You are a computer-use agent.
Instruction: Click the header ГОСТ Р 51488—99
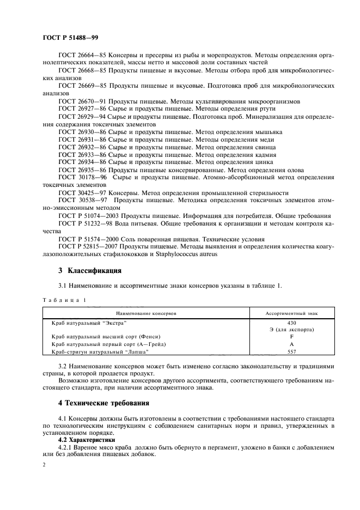[x=70, y=38]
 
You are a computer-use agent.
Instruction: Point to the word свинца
[x=264, y=147]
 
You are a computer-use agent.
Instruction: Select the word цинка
[x=262, y=162]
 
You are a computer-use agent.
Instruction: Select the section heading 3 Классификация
[x=90, y=271]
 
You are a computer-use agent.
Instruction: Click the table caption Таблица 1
[x=64, y=300]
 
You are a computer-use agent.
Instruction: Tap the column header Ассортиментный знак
[x=291, y=313]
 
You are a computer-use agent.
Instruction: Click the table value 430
[x=291, y=323]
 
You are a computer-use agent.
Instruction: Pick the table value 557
[x=291, y=351]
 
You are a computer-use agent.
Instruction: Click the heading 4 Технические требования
[x=104, y=404]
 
